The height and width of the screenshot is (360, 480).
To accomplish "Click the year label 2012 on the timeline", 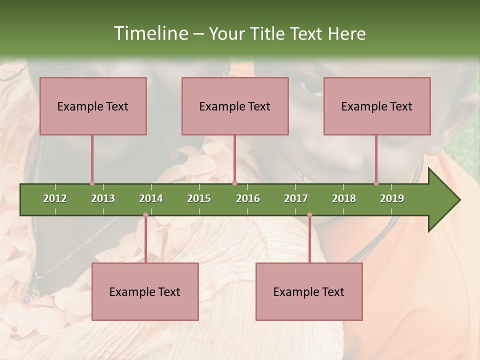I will (x=55, y=198).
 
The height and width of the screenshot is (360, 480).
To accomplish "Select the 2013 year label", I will (x=103, y=198).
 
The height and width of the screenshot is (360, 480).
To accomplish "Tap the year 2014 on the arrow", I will (x=151, y=198).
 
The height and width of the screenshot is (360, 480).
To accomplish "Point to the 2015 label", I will (x=199, y=198).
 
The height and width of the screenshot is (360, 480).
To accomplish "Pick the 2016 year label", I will (x=248, y=198).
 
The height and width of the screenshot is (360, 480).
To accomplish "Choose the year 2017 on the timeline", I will (x=296, y=198).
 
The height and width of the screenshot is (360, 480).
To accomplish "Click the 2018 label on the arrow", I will (x=344, y=198).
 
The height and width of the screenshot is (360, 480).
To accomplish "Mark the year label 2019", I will (x=392, y=198).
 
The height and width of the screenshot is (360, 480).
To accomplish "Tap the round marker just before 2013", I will (x=92, y=183).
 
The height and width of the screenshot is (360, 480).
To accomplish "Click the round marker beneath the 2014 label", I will (x=145, y=215).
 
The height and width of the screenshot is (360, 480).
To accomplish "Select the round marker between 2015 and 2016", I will (x=234, y=183).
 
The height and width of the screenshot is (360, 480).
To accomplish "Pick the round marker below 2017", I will (x=309, y=215).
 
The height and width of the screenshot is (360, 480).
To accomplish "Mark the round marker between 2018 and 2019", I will (x=376, y=183).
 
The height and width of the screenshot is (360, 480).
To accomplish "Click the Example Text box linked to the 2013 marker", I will (x=93, y=106).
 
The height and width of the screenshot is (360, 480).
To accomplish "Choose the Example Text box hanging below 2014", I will (x=145, y=291).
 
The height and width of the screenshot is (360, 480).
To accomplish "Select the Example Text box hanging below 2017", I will (x=309, y=291).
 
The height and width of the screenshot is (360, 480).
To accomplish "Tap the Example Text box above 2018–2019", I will (x=377, y=106).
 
